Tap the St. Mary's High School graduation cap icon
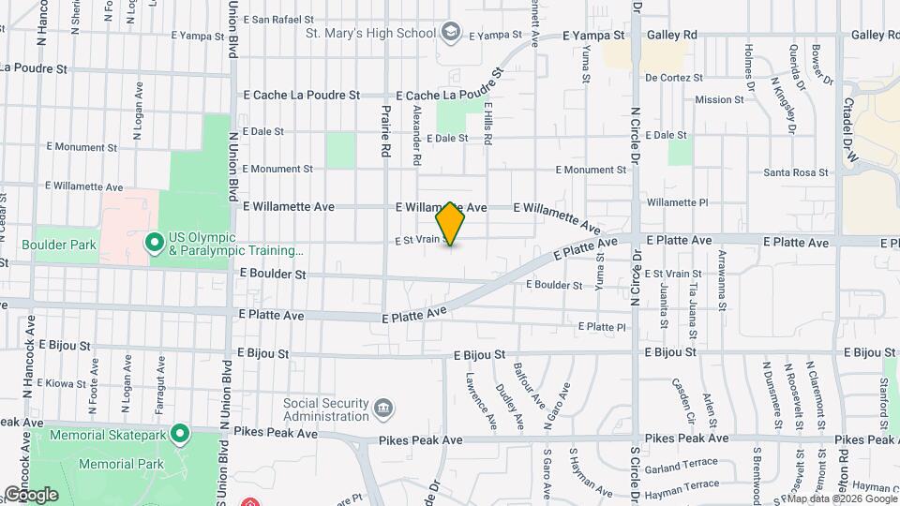(x=451, y=34)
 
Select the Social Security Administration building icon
(x=382, y=409)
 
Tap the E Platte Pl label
(x=601, y=326)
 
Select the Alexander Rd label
(x=415, y=136)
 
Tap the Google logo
(x=31, y=494)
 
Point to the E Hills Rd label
(x=487, y=124)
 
